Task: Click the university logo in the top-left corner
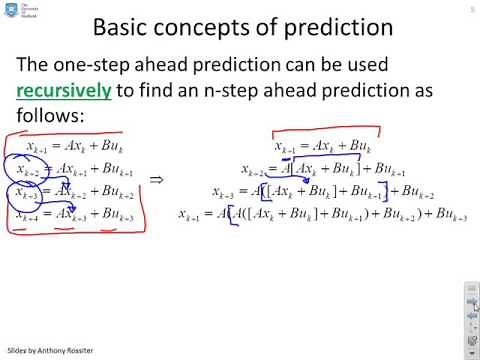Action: [x=16, y=11]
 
